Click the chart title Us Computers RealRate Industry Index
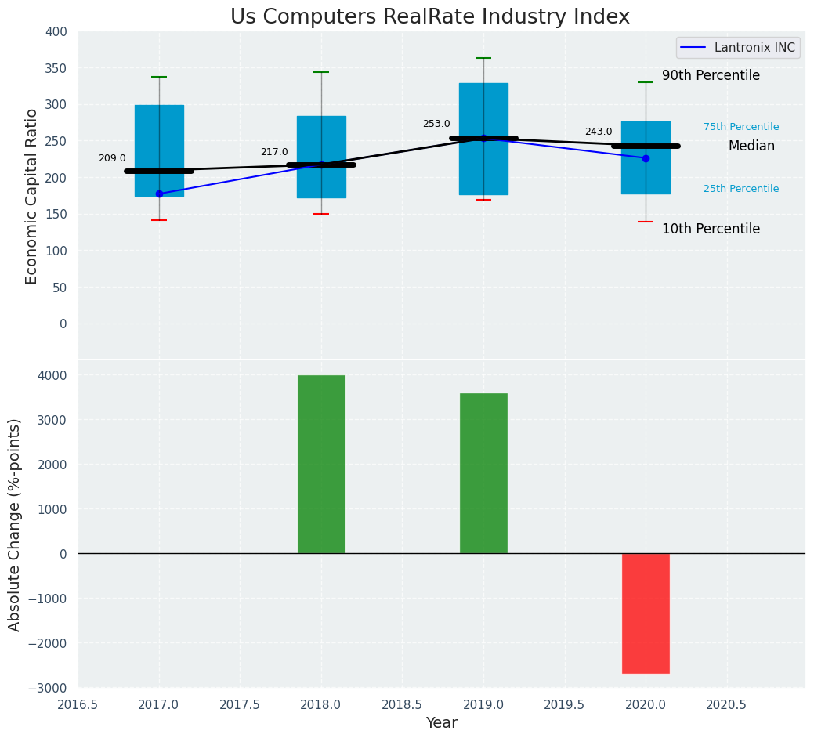coord(429,17)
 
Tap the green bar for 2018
coord(321,464)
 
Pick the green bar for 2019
coord(483,473)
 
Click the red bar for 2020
coord(646,613)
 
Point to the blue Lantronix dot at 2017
coord(159,194)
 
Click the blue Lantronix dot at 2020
coord(646,158)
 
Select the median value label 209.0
coord(112,158)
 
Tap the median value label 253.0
coord(436,124)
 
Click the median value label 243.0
coord(599,132)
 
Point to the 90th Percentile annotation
coord(711,75)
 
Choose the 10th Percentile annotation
coord(711,229)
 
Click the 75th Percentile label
coord(741,127)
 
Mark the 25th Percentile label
coord(741,189)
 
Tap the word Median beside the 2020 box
coord(751,146)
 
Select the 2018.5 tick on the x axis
coord(402,705)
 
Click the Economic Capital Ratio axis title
coord(32,196)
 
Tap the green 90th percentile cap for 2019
coord(483,58)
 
